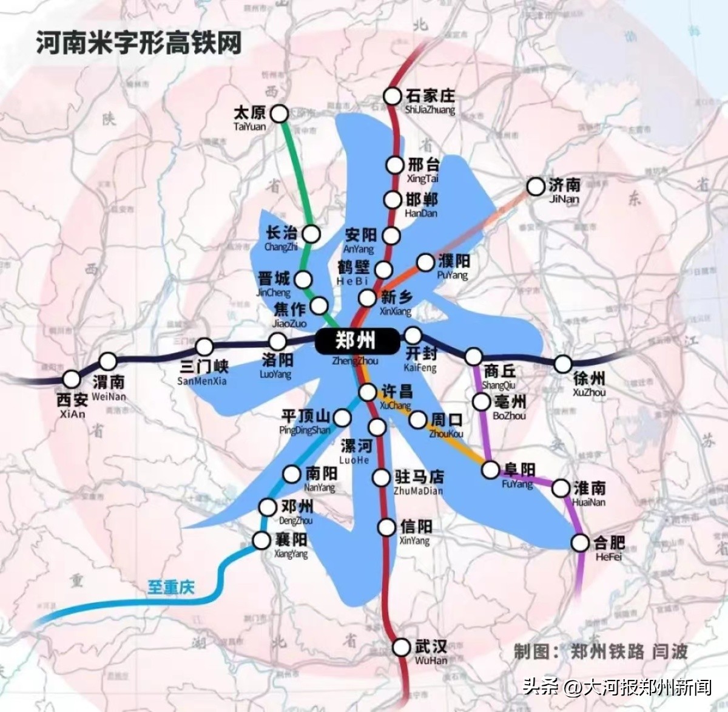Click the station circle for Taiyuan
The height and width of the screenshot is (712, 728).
click(x=280, y=113)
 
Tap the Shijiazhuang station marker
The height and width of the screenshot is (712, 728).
click(x=393, y=96)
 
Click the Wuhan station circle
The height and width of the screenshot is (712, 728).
click(x=401, y=647)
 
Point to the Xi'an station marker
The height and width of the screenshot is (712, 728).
click(x=72, y=379)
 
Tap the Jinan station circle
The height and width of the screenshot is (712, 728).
click(x=536, y=186)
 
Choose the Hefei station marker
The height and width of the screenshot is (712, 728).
click(x=581, y=542)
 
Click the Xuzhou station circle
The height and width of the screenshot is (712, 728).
click(x=563, y=364)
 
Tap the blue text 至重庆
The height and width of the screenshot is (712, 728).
click(x=171, y=587)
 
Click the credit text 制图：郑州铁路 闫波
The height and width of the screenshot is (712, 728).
click(x=601, y=652)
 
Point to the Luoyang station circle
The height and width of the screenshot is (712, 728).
click(x=277, y=341)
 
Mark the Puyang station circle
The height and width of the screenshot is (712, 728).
click(x=426, y=262)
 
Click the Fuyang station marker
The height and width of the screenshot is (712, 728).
click(x=491, y=469)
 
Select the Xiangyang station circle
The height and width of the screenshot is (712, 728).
click(x=261, y=540)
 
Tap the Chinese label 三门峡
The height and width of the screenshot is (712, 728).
click(x=204, y=367)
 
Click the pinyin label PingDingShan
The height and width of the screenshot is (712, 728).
click(x=305, y=430)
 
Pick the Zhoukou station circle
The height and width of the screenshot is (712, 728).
click(x=418, y=419)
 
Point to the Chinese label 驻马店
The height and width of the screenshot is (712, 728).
click(x=419, y=477)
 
